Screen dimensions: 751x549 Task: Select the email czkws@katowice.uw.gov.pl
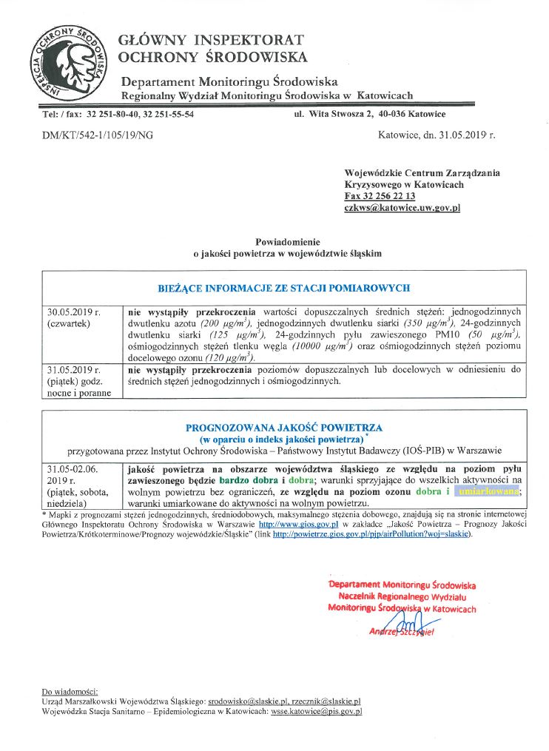(x=402, y=208)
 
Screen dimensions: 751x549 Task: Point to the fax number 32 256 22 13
(x=389, y=196)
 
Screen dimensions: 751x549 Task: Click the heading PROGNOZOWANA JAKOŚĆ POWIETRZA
(x=283, y=428)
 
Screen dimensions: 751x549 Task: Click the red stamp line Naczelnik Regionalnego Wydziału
(x=402, y=596)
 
